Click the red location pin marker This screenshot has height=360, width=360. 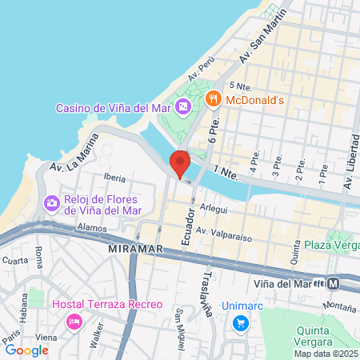pyautogui.click(x=180, y=162)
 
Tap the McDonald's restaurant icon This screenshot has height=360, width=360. pyautogui.click(x=212, y=99)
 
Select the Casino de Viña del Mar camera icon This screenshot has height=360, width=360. pyautogui.click(x=183, y=106)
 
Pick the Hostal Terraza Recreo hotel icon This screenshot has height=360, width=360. pyautogui.click(x=74, y=322)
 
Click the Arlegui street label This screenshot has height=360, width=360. pyautogui.click(x=214, y=206)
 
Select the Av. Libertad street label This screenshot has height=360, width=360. pyautogui.click(x=350, y=167)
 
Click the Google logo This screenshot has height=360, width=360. pyautogui.click(x=26, y=350)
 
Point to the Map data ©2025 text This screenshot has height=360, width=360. pyautogui.click(x=326, y=354)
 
